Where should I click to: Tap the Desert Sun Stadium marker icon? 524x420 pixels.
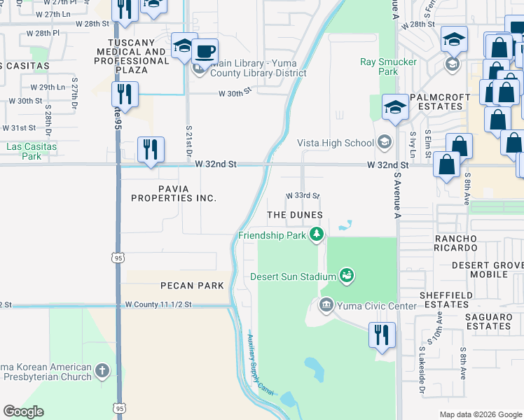[x=345, y=276]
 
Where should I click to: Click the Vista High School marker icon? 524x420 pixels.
[x=384, y=143]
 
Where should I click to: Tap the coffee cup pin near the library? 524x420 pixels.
[x=205, y=52]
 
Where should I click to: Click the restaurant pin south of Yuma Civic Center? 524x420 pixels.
[x=381, y=335]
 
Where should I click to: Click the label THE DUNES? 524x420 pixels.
[x=295, y=214]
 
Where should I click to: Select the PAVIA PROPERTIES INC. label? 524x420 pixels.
[x=174, y=193]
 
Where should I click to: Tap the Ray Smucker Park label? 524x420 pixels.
[x=389, y=66]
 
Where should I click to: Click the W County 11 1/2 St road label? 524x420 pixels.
[x=168, y=305]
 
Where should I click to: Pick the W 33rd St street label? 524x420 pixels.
[x=302, y=195]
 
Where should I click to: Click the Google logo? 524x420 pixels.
[x=24, y=412]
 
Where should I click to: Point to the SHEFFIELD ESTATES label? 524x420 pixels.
[x=451, y=300]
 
